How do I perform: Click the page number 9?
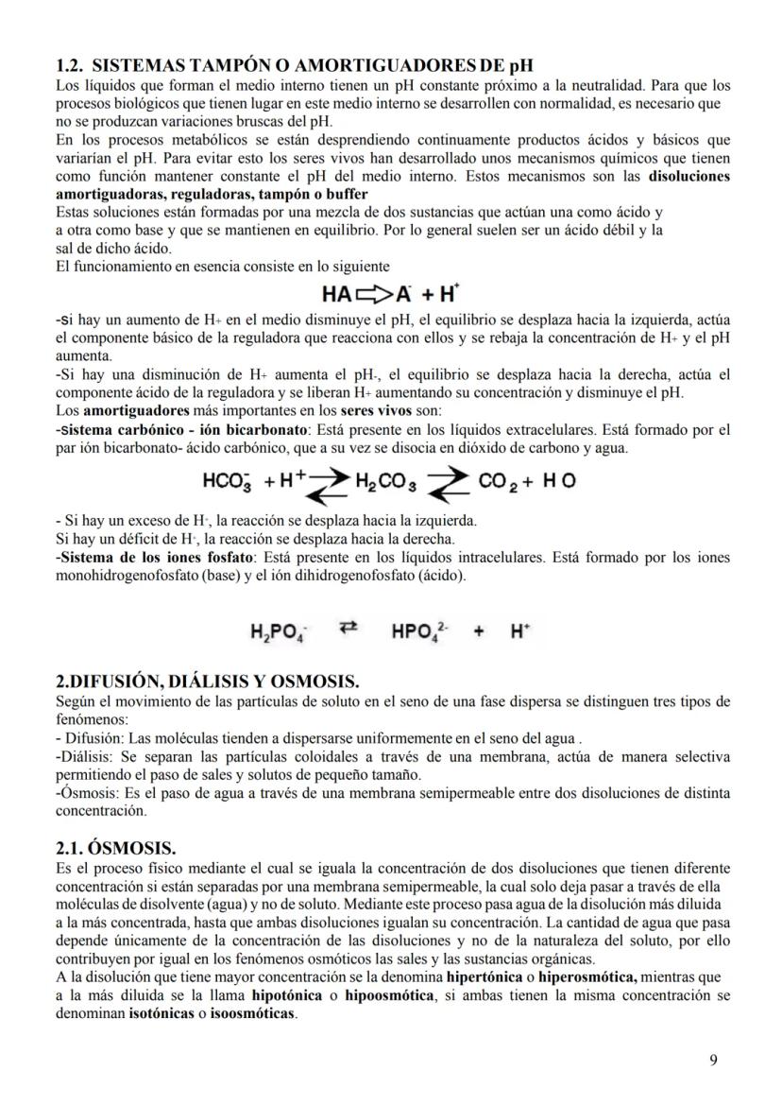point(713,1060)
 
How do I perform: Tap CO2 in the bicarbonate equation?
point(501,480)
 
